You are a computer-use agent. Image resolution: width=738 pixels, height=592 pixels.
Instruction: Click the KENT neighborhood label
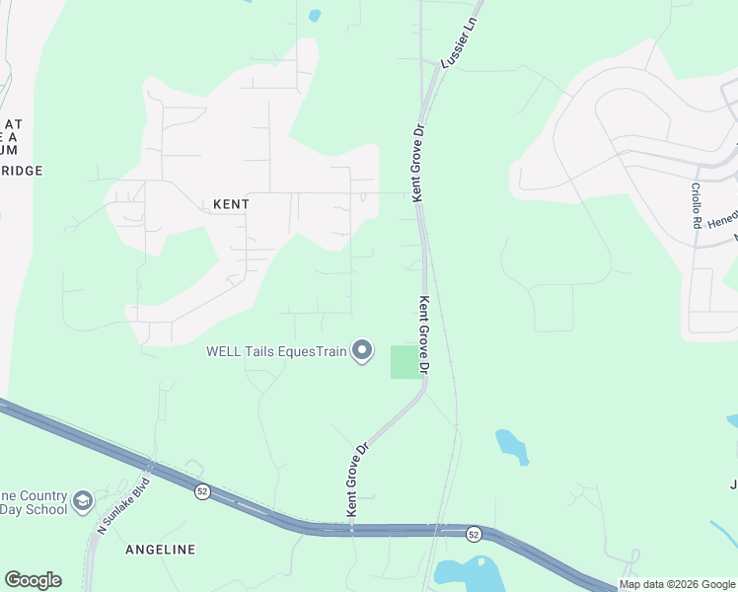pyautogui.click(x=231, y=204)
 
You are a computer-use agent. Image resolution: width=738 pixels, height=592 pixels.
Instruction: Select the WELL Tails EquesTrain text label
pyautogui.click(x=276, y=351)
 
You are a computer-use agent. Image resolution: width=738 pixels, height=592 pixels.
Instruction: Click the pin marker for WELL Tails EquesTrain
pyautogui.click(x=362, y=351)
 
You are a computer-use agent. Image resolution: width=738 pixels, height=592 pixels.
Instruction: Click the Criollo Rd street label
pyautogui.click(x=696, y=205)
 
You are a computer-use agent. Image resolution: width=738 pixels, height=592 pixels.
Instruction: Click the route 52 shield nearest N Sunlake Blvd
pyautogui.click(x=202, y=491)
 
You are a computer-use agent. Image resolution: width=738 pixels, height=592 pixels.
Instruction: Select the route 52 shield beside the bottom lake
pyautogui.click(x=474, y=533)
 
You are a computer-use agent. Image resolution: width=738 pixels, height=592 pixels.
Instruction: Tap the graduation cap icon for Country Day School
pyautogui.click(x=82, y=502)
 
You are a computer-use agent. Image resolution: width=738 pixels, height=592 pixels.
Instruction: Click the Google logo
pyautogui.click(x=33, y=580)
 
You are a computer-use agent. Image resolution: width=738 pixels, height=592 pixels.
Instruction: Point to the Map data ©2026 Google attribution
pyautogui.click(x=677, y=584)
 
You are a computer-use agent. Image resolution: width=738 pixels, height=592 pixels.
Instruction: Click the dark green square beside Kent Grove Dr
pyautogui.click(x=404, y=361)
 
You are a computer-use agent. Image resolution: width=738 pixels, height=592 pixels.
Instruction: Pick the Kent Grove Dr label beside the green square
pyautogui.click(x=424, y=335)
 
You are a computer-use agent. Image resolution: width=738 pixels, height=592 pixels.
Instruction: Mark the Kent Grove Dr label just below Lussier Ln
pyautogui.click(x=418, y=163)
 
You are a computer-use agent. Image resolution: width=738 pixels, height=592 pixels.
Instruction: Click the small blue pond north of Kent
pyautogui.click(x=315, y=16)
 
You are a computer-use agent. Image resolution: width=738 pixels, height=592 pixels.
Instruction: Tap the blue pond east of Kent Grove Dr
pyautogui.click(x=512, y=446)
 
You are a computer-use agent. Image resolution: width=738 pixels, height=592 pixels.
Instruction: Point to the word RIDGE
pyautogui.click(x=22, y=171)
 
